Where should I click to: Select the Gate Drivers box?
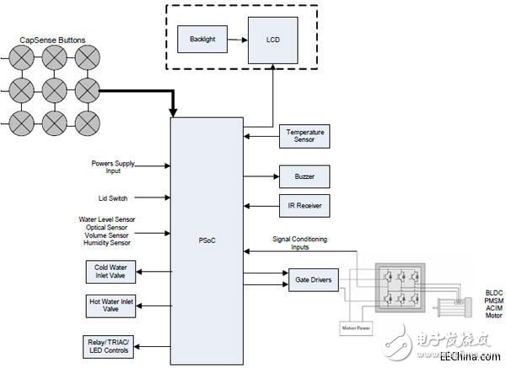click(313, 279)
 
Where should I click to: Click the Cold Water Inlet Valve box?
click(110, 272)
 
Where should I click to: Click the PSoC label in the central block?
click(207, 239)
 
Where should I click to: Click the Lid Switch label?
click(108, 198)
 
